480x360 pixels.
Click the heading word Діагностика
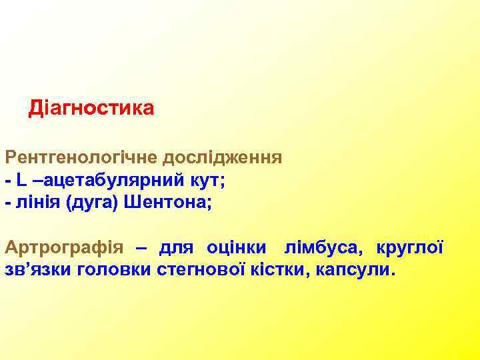pyautogui.click(x=91, y=108)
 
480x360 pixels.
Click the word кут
pyautogui.click(x=215, y=180)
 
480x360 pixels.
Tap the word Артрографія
pyautogui.click(x=64, y=249)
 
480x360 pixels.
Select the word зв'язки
pyautogui.click(x=39, y=271)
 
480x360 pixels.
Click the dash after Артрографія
pyautogui.click(x=142, y=249)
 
